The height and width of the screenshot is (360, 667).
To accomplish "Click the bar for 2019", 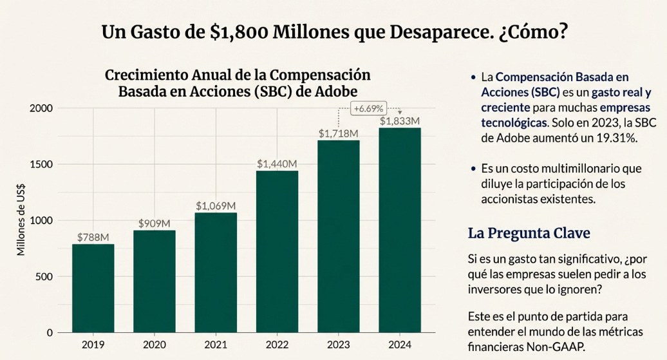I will point(93,288).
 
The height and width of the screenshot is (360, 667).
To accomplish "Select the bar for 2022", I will point(277,251).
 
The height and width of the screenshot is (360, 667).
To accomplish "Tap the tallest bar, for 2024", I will point(400,230).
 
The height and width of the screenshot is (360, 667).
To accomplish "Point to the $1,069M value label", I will point(216,206).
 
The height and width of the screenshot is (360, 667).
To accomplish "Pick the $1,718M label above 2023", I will point(339,133).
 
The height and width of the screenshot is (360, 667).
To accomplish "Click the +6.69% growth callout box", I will point(368,109).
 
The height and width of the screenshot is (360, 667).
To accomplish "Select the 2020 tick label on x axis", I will point(155,345).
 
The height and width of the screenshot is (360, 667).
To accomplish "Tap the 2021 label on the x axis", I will point(216,345).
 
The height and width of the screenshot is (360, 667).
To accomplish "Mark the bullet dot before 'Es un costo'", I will point(474,169).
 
